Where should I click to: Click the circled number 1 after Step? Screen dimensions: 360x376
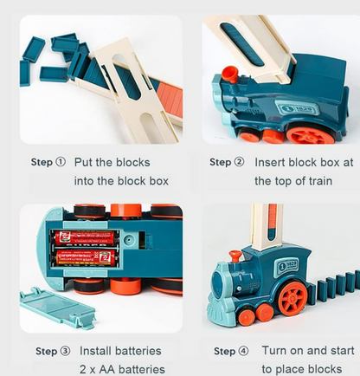(61, 162)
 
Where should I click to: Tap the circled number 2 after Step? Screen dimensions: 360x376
(239, 162)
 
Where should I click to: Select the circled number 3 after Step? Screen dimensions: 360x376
(65, 351)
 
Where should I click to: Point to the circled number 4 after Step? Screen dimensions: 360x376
(243, 351)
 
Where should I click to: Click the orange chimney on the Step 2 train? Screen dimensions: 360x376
(230, 74)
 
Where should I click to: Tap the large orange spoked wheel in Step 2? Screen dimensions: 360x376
(310, 135)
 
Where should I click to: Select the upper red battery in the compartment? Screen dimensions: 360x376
(86, 237)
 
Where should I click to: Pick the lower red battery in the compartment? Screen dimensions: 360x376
(86, 257)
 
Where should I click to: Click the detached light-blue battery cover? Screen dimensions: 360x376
(58, 308)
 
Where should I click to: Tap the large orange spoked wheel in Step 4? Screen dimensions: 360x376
(292, 299)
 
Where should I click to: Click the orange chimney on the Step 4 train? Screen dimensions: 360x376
(235, 256)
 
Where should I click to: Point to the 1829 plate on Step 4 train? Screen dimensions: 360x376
(287, 266)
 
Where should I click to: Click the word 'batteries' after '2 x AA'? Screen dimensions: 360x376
(142, 369)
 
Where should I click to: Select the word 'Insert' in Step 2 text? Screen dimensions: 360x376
(270, 162)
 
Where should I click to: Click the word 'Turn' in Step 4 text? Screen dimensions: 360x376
(274, 350)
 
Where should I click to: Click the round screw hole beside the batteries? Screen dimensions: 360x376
(129, 239)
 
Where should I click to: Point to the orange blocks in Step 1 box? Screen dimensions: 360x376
(170, 98)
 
